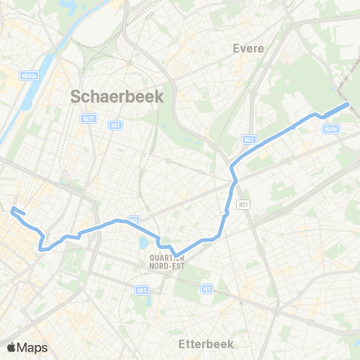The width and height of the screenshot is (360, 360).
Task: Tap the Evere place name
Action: [x=248, y=49]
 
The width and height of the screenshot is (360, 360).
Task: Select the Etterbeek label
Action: [x=207, y=343]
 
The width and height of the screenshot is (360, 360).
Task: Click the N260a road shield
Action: [x=29, y=76]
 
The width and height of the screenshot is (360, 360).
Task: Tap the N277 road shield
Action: [x=88, y=118]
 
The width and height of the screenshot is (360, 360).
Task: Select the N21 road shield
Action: [x=115, y=125]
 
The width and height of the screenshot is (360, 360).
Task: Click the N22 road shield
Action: [x=250, y=139]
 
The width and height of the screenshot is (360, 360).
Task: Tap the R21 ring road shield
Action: [x=241, y=204]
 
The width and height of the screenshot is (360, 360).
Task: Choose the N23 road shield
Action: [x=142, y=289]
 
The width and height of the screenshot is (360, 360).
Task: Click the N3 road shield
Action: [x=207, y=288]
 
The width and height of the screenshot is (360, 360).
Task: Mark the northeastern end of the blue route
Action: [x=348, y=104]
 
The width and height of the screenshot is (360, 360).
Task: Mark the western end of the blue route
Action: [x=13, y=208]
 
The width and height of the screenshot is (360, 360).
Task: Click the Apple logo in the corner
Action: [x=11, y=347]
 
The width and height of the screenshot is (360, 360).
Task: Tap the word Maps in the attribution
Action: [x=32, y=347]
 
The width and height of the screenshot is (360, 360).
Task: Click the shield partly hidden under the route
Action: [x=133, y=220]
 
